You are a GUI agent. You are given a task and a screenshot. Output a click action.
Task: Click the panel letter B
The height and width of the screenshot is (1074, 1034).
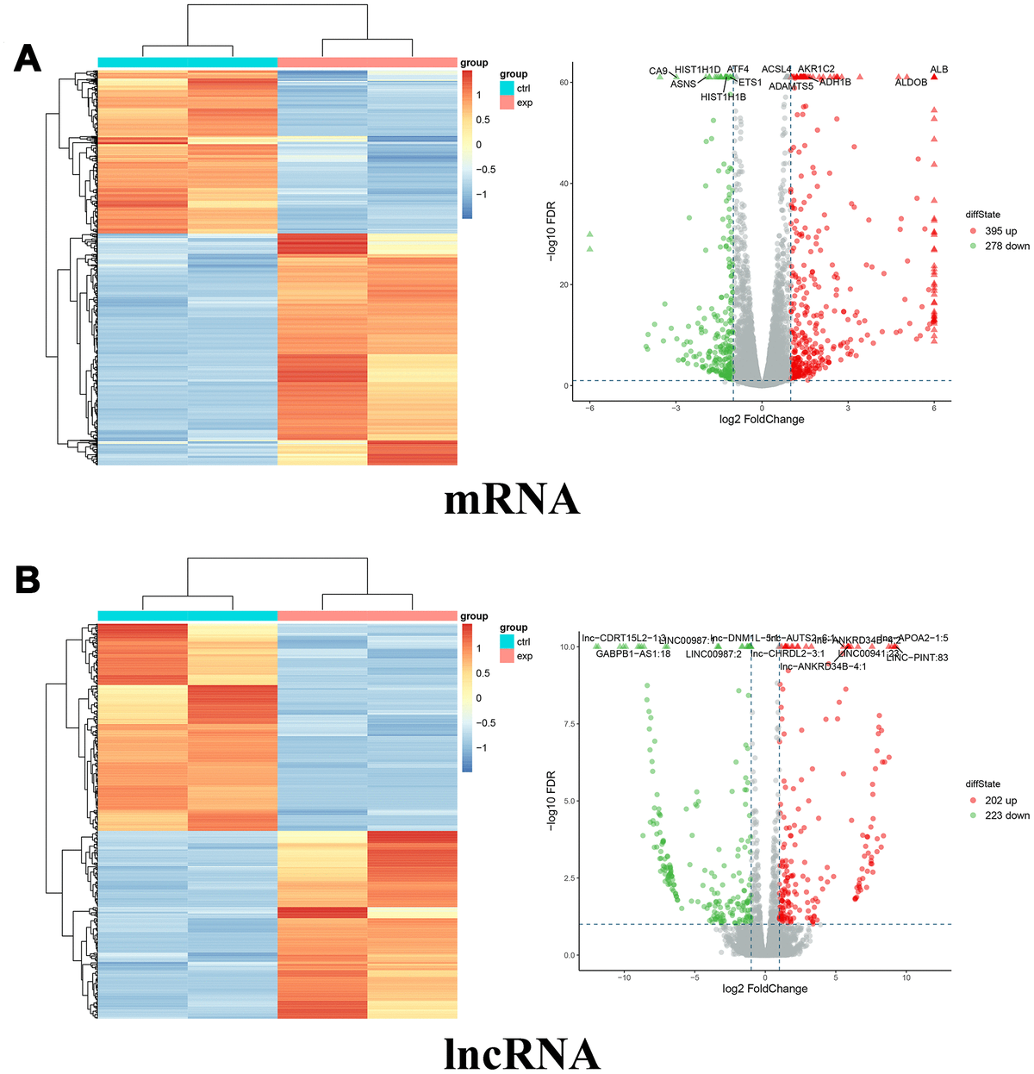click(x=28, y=579)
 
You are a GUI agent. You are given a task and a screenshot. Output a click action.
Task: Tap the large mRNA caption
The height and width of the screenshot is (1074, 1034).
click(x=512, y=499)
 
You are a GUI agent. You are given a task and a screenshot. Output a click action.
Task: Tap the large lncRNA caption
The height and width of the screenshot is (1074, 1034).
click(x=522, y=1052)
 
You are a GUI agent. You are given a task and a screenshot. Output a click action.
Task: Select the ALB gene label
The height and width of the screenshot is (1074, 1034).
click(x=938, y=70)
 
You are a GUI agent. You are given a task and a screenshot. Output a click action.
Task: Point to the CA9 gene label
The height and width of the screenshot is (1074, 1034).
click(x=657, y=72)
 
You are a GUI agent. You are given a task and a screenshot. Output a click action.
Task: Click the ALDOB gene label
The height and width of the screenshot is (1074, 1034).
click(x=911, y=83)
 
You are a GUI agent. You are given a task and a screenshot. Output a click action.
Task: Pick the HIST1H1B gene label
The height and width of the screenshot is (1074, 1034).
click(x=723, y=97)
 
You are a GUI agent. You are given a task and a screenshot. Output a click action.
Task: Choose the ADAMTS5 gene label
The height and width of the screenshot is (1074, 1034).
click(x=790, y=86)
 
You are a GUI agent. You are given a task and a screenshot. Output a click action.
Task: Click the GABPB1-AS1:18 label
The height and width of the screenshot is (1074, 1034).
click(x=632, y=654)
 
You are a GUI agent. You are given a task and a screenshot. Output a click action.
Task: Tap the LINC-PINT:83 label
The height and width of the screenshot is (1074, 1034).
click(x=917, y=659)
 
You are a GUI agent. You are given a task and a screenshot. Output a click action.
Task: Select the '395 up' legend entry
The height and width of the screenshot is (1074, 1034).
click(x=1000, y=231)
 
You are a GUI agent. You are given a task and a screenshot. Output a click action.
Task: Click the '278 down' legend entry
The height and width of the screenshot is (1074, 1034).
click(x=1006, y=246)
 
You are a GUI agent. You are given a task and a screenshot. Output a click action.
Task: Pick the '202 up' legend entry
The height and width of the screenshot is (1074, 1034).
click(x=1000, y=801)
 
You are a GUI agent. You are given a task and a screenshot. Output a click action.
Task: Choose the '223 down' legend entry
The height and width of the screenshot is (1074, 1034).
click(x=1006, y=815)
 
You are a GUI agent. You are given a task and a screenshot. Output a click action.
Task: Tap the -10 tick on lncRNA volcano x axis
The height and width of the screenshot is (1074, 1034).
click(x=625, y=978)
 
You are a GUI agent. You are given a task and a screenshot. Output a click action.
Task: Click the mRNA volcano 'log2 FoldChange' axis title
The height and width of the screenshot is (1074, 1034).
click(x=762, y=420)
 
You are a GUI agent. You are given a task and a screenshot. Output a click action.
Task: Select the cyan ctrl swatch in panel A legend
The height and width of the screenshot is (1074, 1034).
click(x=507, y=89)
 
